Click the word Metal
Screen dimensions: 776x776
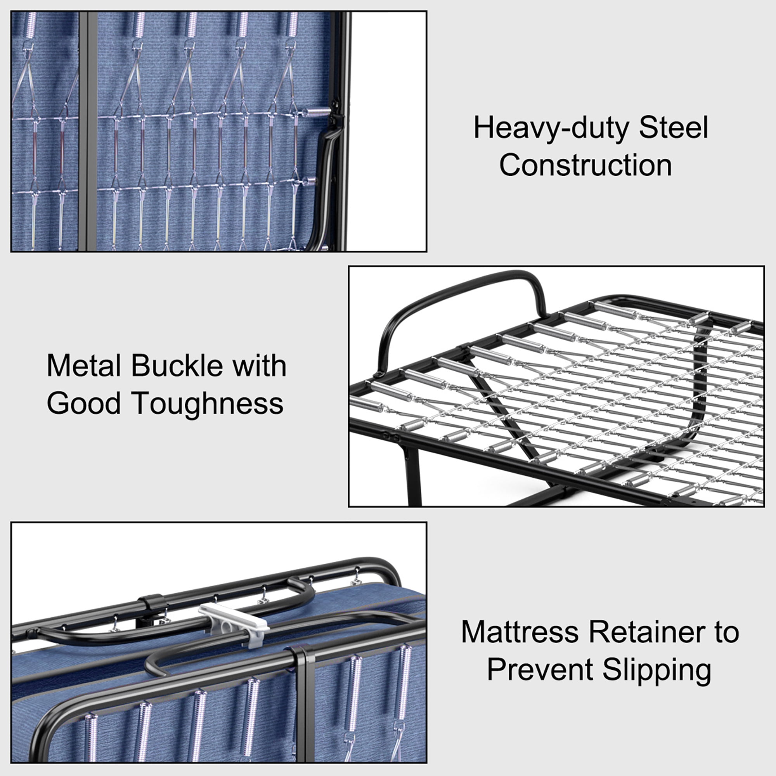pos(84,366)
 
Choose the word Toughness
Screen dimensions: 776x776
pos(207,403)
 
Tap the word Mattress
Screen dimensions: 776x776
pos(520,632)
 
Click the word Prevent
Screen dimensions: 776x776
pos(539,670)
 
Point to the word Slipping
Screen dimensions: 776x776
pos(657,670)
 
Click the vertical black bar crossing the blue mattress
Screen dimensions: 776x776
pos(88,133)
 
